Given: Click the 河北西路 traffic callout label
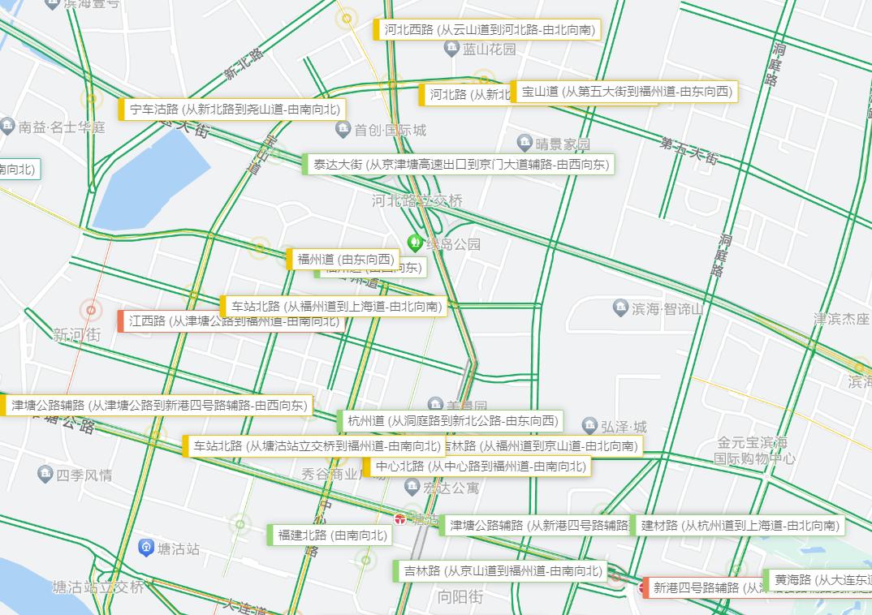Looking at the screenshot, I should click(487, 30).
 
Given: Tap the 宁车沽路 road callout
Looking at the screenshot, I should click(232, 110).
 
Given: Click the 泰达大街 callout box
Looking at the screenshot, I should click(458, 165).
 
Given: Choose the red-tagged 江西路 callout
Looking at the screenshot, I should click(231, 321).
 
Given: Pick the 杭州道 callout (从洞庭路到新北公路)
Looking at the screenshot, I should click(450, 421).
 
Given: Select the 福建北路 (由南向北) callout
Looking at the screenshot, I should click(330, 535).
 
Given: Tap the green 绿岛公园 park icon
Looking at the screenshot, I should click(414, 243).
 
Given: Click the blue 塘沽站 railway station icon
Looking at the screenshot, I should click(146, 548).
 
